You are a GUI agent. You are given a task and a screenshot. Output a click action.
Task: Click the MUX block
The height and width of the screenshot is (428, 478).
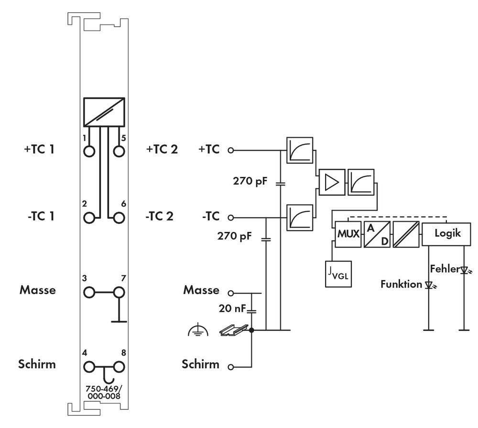click(x=348, y=234)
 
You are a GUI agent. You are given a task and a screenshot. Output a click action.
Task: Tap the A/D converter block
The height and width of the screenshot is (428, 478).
click(x=377, y=234)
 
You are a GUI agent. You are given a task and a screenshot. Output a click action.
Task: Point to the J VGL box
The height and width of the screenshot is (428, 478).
click(x=338, y=274)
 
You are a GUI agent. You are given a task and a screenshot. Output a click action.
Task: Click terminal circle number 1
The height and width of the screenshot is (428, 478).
click(x=89, y=151)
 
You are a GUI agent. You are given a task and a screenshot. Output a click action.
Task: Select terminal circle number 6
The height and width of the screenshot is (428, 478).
click(x=118, y=217)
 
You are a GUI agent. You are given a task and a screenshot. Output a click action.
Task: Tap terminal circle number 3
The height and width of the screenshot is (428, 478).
click(x=89, y=291)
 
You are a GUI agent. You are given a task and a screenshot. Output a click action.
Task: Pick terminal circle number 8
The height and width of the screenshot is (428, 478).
click(x=118, y=367)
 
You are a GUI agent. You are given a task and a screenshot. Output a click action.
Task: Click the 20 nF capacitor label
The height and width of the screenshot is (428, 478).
click(x=233, y=309)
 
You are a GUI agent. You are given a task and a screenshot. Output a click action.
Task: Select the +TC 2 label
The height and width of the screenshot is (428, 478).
click(x=162, y=149)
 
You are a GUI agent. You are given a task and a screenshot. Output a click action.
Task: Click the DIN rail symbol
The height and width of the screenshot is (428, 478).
click(x=234, y=329)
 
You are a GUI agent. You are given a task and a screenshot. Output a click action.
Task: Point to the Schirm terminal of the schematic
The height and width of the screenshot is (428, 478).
click(x=231, y=367)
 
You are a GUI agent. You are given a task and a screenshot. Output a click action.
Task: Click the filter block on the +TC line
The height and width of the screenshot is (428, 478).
click(x=300, y=150)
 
